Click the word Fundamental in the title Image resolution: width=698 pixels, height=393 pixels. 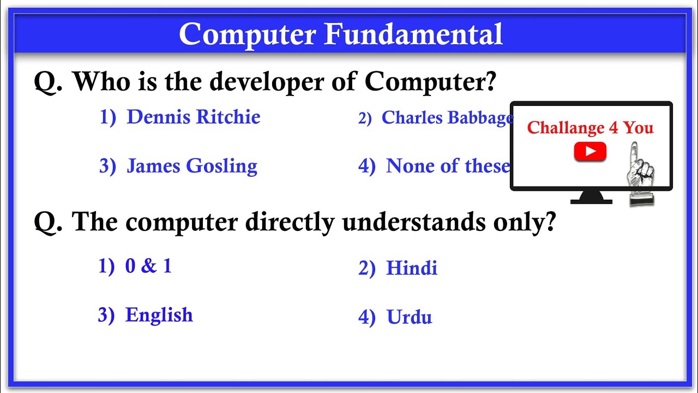(413, 35)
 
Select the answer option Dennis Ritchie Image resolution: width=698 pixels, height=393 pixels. (193, 117)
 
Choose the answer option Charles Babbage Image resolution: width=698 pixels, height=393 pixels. (447, 118)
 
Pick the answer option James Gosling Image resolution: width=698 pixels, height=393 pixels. (191, 166)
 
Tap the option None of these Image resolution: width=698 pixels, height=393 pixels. (448, 166)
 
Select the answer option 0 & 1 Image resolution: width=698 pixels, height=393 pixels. (148, 266)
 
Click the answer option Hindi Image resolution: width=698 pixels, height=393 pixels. (412, 269)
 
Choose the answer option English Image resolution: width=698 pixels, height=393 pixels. (159, 315)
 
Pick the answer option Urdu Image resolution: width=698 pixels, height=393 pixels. (409, 318)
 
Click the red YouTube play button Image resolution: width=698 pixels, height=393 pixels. (590, 152)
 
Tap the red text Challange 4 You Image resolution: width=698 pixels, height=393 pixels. (590, 128)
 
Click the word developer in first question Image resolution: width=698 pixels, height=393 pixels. (272, 82)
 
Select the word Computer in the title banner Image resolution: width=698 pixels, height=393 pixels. (248, 35)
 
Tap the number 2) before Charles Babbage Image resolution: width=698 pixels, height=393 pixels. (365, 118)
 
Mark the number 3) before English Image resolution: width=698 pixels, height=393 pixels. (106, 315)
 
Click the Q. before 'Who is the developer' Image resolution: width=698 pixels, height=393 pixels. (49, 82)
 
